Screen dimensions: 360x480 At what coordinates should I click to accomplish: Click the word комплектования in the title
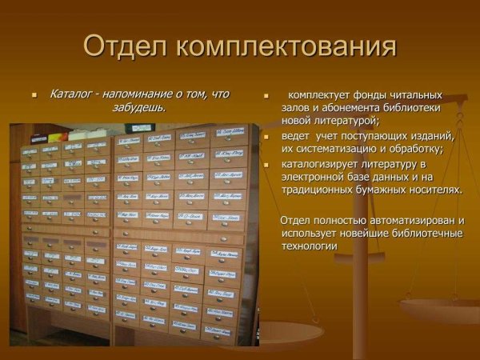tap(287, 46)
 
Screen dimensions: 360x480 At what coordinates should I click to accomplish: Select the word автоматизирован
tap(412, 219)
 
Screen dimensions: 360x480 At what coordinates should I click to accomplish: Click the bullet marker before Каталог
tap(34, 94)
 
